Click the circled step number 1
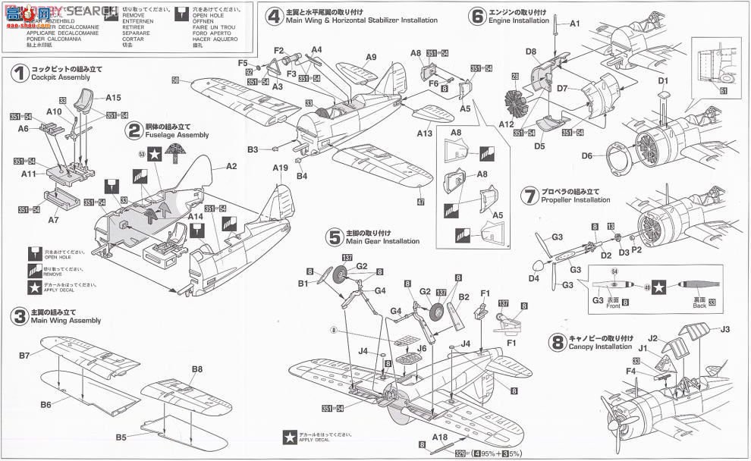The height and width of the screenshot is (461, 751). [17, 73]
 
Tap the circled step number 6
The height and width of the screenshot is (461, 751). [476, 15]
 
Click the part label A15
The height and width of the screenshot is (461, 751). [113, 97]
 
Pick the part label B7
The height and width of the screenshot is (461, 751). [24, 355]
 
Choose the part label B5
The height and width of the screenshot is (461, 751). [121, 437]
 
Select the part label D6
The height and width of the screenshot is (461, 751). [587, 156]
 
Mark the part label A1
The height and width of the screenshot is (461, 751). [574, 24]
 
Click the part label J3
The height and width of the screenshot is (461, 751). [724, 329]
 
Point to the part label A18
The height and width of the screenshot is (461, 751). [440, 437]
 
